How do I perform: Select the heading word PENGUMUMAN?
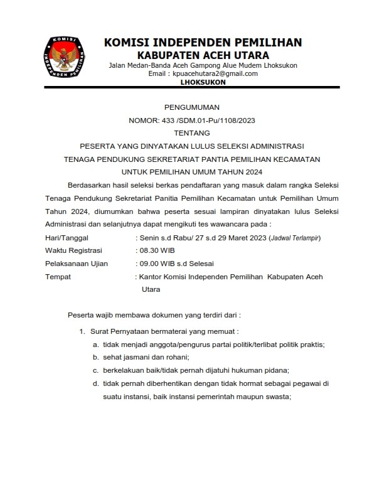(x=191, y=107)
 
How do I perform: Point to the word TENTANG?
(x=192, y=133)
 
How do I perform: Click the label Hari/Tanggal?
(x=67, y=238)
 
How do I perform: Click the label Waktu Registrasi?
(x=73, y=250)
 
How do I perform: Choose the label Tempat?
(x=58, y=277)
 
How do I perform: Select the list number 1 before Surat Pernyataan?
(x=81, y=331)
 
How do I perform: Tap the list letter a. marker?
(x=96, y=344)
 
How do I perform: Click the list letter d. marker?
(x=96, y=383)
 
